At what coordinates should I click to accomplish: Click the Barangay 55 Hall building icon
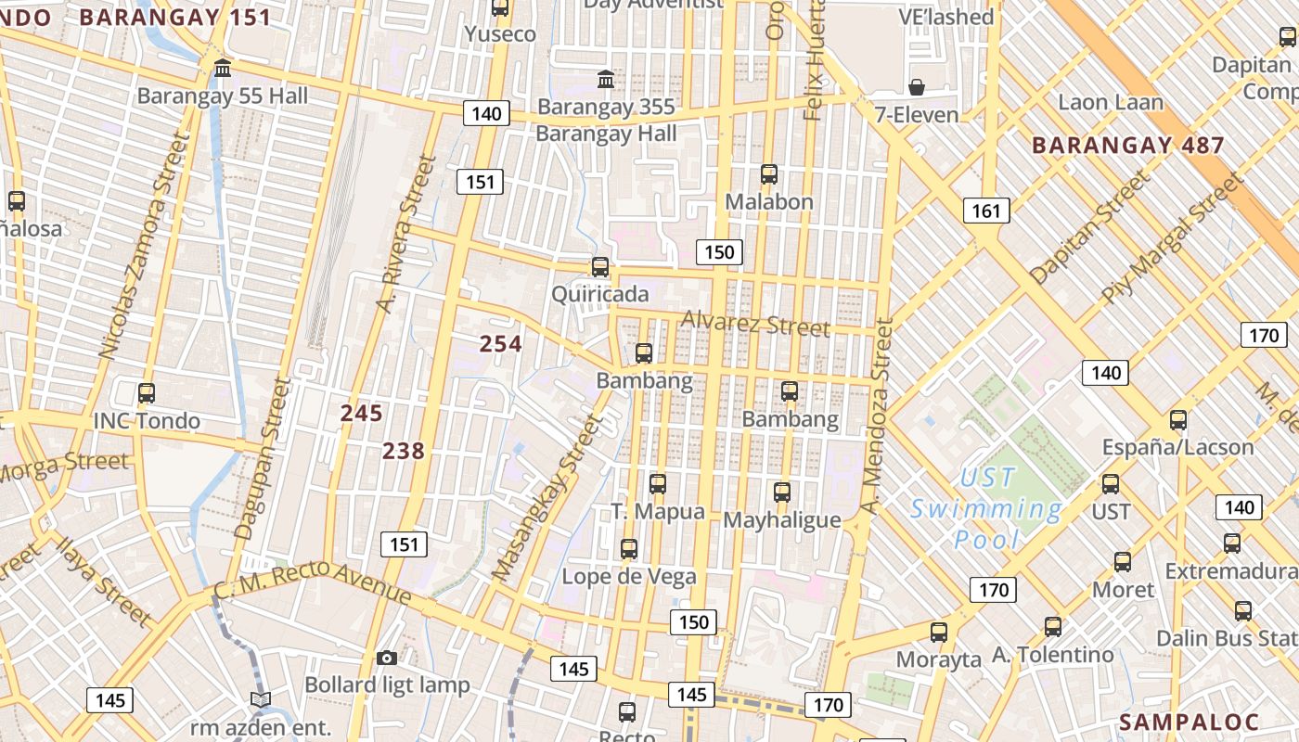coord(223,68)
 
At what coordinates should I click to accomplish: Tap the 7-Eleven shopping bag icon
coord(917,87)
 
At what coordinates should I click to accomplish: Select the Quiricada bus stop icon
coord(600,267)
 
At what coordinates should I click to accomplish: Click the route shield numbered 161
coord(985,211)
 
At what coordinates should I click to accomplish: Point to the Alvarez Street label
coord(755,324)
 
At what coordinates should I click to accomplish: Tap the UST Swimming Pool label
coord(986,508)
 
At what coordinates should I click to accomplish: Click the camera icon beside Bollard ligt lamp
coord(387,658)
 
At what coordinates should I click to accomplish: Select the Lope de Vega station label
coord(629,577)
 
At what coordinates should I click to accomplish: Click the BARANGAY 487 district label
coord(1128,146)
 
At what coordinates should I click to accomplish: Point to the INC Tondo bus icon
coord(146,392)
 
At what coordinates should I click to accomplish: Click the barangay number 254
coord(500,344)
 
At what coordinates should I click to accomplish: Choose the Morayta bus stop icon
coord(939,633)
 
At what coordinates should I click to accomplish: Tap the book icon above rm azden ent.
coord(261,699)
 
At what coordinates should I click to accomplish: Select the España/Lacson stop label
coord(1177,447)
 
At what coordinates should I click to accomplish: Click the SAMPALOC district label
coord(1189,723)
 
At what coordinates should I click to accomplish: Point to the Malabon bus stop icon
coord(768,174)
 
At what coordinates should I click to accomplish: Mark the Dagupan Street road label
coord(263,460)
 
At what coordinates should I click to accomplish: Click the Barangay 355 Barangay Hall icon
coord(606,80)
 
